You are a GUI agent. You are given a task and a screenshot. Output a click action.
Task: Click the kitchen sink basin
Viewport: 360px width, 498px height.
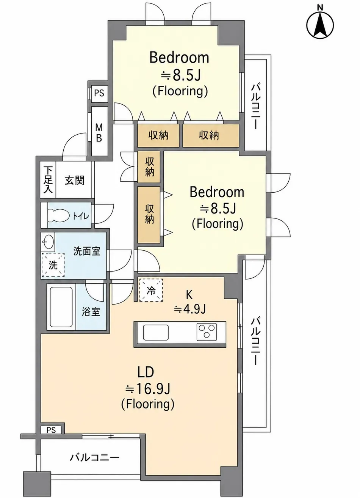pos(156,332)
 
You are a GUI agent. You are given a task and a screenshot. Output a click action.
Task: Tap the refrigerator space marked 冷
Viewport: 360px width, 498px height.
pos(151,290)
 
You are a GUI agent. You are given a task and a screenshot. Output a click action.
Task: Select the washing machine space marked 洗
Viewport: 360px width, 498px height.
pos(53,265)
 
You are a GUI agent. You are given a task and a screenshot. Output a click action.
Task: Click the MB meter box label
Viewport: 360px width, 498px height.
pos(99,133)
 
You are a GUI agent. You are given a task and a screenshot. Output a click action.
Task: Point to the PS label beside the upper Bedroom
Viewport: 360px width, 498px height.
pos(99,93)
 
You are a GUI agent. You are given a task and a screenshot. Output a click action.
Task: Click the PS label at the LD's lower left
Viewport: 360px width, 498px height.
pos(51,430)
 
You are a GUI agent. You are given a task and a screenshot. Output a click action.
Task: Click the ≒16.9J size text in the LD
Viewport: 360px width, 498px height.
pos(148,388)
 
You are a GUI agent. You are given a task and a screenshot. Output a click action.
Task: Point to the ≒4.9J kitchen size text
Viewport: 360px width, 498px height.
pos(189,309)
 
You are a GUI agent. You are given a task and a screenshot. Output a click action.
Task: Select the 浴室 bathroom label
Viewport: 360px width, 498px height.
pos(91,312)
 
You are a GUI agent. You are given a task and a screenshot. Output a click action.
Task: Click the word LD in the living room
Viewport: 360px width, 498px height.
pos(146,372)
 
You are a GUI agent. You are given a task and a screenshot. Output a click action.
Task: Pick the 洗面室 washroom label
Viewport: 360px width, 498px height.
pos(87,251)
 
